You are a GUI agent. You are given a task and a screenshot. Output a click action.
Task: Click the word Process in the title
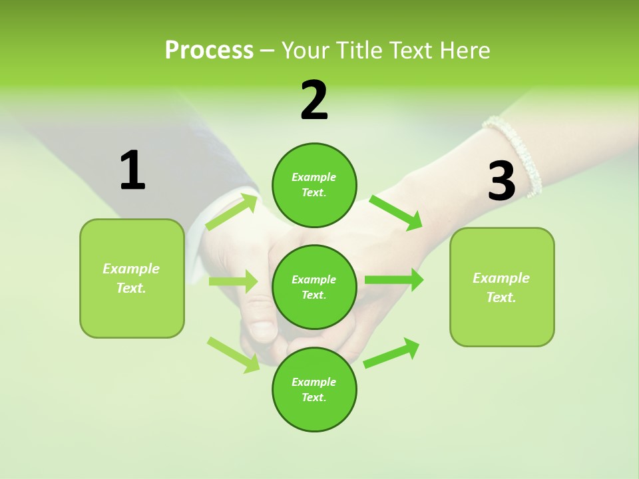click(x=209, y=50)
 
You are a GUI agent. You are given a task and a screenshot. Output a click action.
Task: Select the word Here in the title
click(x=464, y=50)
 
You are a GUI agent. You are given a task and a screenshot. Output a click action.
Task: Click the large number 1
click(x=132, y=170)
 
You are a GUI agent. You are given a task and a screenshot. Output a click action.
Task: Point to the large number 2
click(x=314, y=100)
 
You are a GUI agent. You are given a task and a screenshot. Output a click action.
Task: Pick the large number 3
click(x=501, y=181)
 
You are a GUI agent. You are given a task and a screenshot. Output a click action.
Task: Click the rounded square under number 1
click(x=132, y=278)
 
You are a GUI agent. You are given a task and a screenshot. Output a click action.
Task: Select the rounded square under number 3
click(x=502, y=287)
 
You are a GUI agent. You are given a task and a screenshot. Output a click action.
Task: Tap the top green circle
click(x=314, y=185)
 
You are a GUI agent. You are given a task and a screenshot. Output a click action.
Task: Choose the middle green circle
click(x=314, y=287)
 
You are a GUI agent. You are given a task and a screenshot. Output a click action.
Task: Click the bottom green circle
click(x=314, y=390)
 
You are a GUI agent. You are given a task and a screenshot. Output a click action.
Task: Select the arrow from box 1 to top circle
click(x=232, y=212)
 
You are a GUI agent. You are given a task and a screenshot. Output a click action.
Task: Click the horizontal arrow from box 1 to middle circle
click(x=233, y=281)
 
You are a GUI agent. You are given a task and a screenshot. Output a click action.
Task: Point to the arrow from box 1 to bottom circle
click(x=234, y=355)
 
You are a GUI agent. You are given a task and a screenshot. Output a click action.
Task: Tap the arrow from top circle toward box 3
click(x=397, y=212)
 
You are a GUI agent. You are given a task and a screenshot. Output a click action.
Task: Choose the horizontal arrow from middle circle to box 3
click(x=394, y=280)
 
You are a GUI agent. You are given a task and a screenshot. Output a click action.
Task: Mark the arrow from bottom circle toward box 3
click(x=391, y=353)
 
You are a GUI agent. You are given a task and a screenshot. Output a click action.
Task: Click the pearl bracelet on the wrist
click(x=515, y=154)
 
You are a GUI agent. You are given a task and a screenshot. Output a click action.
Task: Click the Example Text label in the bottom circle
click(x=314, y=390)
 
